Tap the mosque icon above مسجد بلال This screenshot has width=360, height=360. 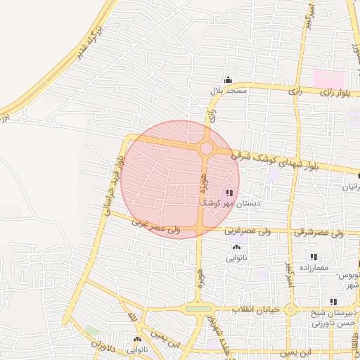pos(226,80)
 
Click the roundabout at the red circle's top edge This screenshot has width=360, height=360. pos(207,148)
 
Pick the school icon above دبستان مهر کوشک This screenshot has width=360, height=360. pos(230,192)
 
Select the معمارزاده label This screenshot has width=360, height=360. pos(314,269)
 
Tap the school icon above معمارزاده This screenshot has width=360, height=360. pos(314,257)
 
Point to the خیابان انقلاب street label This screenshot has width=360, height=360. pos(257,309)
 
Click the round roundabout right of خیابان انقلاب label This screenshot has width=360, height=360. pos(290,309)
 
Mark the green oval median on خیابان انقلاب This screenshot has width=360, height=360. pos(198,309)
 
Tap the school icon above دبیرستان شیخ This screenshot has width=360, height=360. pos(334,301)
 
